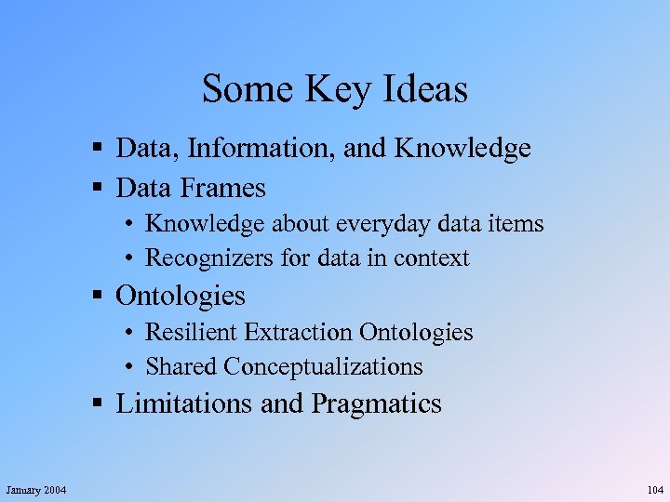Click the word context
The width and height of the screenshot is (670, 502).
432,258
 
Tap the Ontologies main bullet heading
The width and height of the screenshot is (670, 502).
181,296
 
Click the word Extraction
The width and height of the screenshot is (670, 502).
289,332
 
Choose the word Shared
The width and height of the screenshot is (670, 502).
182,366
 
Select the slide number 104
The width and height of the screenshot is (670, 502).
654,490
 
